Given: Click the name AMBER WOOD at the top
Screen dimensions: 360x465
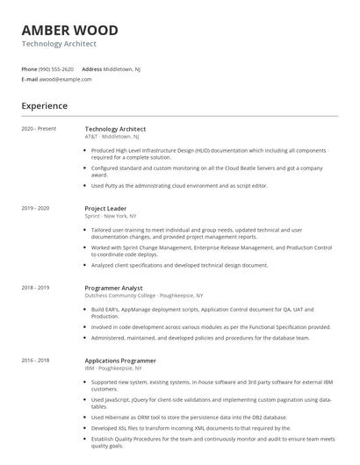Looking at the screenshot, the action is (69, 30).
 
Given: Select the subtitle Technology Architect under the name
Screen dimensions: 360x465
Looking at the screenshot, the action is (59, 43).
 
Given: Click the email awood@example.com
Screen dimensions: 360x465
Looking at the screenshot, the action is (66, 79).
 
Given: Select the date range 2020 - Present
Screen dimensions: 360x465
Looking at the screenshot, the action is (39, 129).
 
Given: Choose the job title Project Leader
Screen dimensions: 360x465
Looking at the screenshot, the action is (105, 208).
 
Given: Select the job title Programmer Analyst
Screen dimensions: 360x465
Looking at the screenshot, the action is (113, 288).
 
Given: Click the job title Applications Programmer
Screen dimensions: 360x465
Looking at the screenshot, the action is (120, 361).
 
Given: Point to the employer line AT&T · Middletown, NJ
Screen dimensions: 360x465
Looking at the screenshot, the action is (112, 137).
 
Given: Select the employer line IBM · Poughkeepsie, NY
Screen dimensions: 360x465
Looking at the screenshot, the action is (116, 368).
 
